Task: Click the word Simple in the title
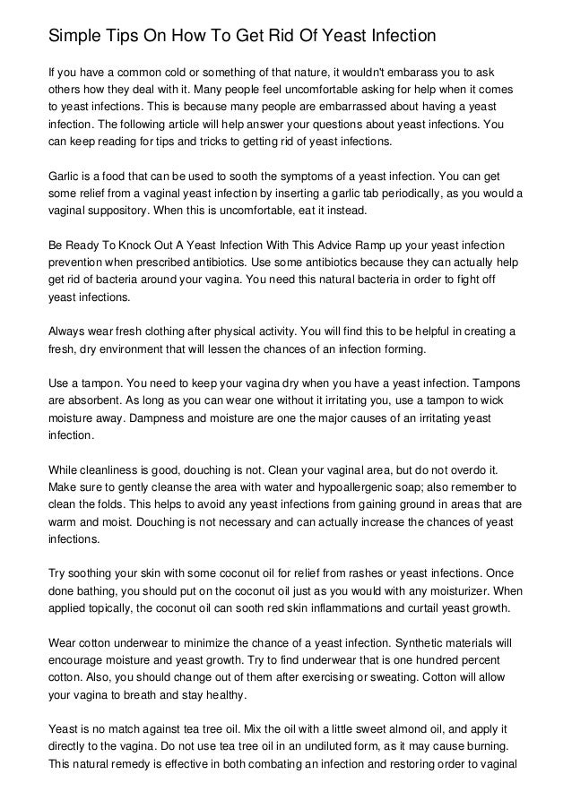(74, 37)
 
